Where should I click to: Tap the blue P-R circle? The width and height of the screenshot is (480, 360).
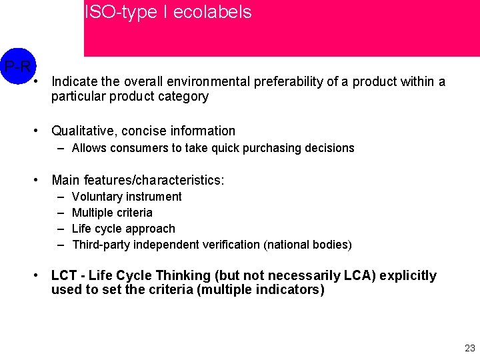[17, 65]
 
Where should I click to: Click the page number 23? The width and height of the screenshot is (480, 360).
[470, 348]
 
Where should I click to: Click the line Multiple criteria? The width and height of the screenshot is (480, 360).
[112, 213]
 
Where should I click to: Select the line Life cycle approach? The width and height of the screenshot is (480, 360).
[123, 229]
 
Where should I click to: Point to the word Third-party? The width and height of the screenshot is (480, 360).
[101, 245]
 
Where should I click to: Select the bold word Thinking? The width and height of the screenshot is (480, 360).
[173, 275]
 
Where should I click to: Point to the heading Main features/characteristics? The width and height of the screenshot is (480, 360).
[138, 180]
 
